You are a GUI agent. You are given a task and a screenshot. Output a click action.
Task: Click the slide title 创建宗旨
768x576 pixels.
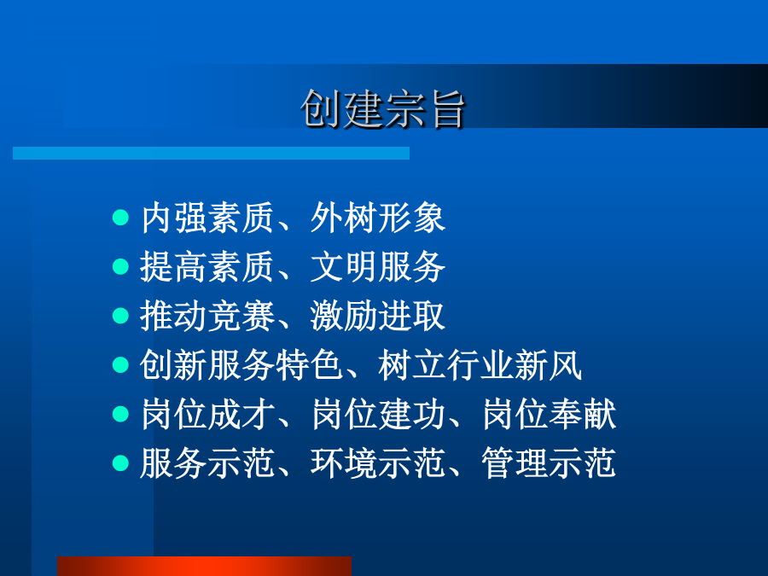pos(382,109)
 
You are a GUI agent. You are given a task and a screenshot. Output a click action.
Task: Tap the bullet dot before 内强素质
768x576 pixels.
pos(120,218)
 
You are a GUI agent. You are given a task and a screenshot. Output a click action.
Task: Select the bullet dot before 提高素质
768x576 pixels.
pos(120,267)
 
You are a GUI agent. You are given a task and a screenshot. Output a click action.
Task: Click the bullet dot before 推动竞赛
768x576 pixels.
pos(120,316)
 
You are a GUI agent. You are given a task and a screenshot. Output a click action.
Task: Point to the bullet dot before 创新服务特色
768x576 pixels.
pos(120,365)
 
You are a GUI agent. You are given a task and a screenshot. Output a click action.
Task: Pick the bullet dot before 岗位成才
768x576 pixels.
pos(120,414)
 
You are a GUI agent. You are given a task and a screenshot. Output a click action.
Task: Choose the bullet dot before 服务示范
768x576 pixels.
pos(120,463)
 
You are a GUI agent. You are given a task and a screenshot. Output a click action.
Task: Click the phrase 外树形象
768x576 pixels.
pos(378,218)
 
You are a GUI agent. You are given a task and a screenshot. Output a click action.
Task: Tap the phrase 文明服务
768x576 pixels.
pos(378,267)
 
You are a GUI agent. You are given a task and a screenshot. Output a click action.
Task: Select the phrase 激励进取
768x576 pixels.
pos(378,316)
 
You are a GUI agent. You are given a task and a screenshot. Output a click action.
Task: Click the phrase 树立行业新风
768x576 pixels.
pos(480,365)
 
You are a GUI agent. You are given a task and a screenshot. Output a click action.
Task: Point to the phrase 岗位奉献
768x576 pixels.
pos(549,415)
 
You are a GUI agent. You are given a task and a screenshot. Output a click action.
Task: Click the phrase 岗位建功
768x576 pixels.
pos(378,415)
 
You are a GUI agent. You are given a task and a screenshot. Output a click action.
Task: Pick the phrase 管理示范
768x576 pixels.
pos(549,463)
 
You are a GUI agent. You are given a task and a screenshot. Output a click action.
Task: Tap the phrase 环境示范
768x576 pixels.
pos(378,463)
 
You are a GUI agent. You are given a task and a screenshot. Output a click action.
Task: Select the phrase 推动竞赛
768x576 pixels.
pos(207,316)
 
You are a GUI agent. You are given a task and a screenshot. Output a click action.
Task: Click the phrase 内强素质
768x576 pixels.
pos(207,218)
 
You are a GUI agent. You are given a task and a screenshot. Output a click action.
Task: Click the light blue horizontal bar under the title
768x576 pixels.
pos(211,153)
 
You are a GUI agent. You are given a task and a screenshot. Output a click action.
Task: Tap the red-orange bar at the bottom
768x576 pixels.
pos(204,567)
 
